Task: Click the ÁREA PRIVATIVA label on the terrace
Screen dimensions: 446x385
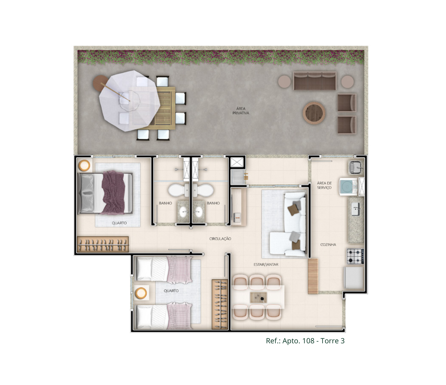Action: [240, 111]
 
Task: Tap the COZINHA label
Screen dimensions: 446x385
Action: [328, 245]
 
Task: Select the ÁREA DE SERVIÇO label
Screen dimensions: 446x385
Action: [324, 185]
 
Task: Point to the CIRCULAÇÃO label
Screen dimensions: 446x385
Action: [220, 239]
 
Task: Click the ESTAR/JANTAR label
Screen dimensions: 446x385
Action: [266, 265]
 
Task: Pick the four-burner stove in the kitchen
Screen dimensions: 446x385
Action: [355, 256]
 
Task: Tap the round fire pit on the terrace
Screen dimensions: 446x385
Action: [314, 113]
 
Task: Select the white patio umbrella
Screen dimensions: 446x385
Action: [130, 101]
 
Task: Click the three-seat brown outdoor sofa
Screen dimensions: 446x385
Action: [315, 81]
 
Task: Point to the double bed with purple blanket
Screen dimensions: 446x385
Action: [105, 193]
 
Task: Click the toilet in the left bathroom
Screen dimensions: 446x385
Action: [179, 190]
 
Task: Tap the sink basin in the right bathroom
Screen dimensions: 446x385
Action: [198, 212]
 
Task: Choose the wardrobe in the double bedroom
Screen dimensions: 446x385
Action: [103, 244]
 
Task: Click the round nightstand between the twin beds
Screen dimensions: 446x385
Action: [141, 293]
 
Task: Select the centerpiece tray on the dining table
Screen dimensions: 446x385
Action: [258, 297]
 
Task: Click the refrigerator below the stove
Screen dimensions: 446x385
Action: [354, 278]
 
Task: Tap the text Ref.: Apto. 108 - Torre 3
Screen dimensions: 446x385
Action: [305, 341]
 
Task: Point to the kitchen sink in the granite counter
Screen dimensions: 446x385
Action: [356, 209]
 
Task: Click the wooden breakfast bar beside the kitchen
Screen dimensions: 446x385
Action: [313, 276]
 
